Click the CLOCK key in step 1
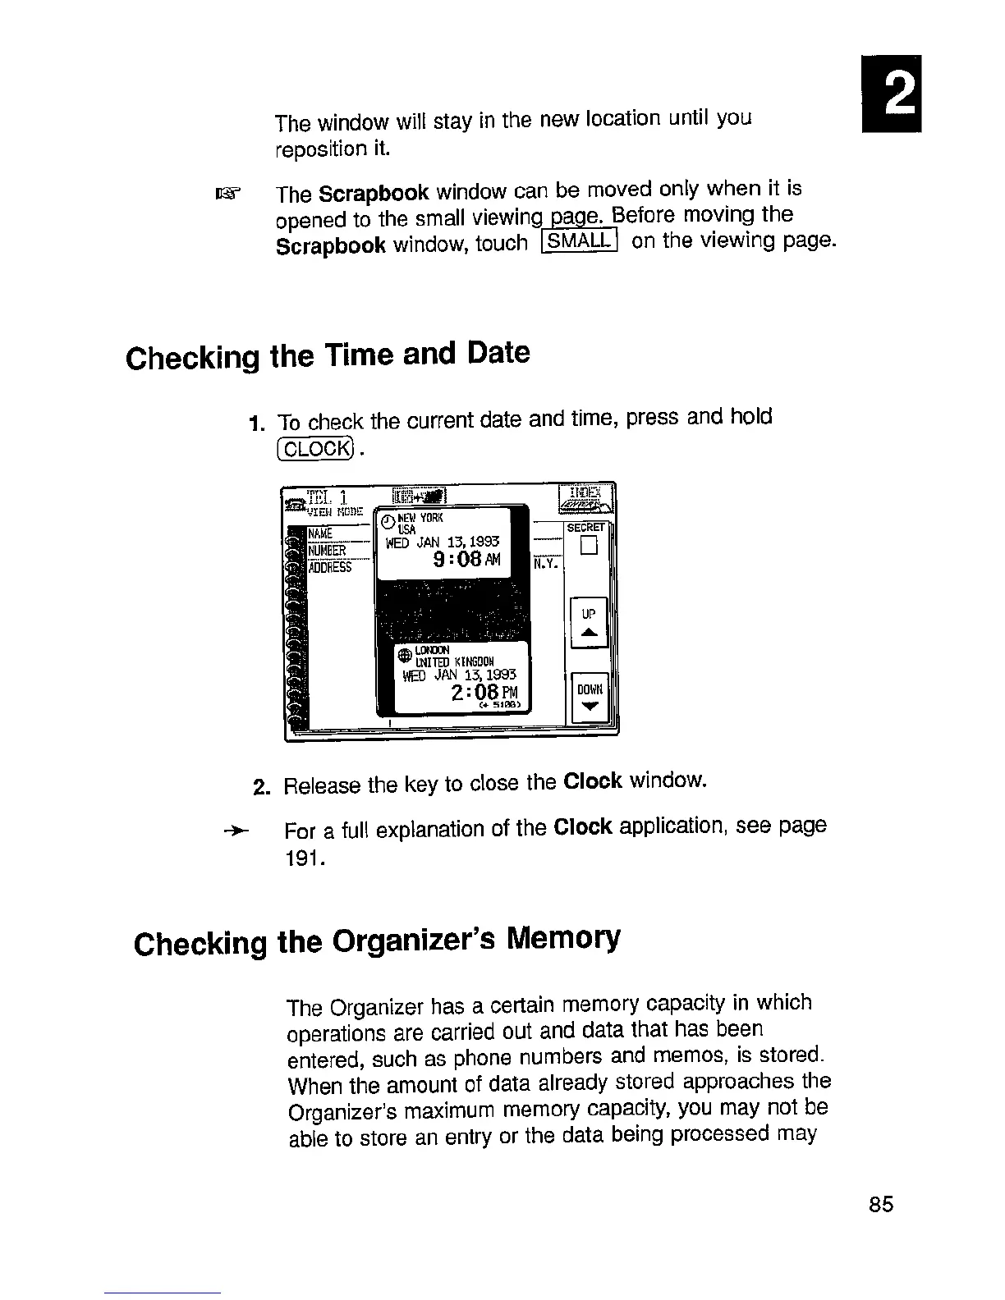click(x=315, y=448)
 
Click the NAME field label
click(x=319, y=533)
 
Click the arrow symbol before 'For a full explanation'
click(x=235, y=831)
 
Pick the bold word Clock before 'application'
click(x=583, y=826)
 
